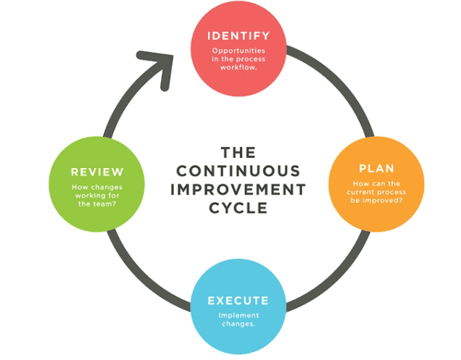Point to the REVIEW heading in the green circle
96,172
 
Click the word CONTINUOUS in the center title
238,172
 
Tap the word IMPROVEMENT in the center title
238,190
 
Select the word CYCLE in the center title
238,209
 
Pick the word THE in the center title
238,153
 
